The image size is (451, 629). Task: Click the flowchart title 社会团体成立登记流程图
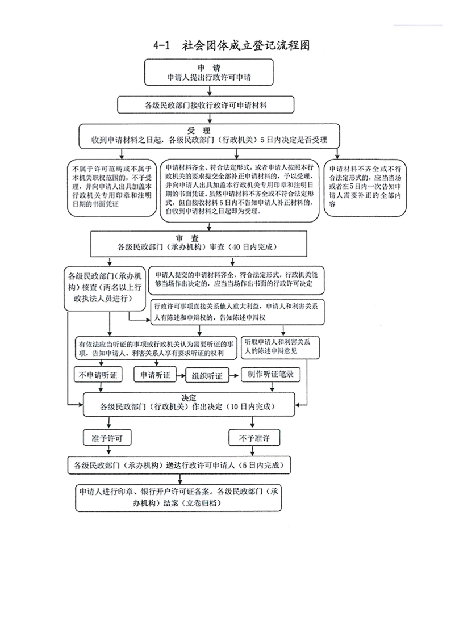245,45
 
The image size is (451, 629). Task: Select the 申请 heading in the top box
208,68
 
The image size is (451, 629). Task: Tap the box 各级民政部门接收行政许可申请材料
206,105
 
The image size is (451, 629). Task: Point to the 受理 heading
199,131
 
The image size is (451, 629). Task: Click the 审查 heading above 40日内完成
187,238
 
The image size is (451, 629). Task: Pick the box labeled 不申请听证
98,375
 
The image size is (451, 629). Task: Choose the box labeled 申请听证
155,375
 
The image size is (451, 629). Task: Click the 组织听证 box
207,375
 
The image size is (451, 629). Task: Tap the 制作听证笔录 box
270,374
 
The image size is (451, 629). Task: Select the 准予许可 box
107,438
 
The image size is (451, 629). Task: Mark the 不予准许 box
254,438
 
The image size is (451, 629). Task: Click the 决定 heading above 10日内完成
189,397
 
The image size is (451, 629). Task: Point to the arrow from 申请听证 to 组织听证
181,375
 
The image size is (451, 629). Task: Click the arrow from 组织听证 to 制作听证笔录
235,375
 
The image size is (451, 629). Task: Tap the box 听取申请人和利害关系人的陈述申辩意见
280,347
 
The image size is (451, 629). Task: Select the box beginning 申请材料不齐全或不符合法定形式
365,188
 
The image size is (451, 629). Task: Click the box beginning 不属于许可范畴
112,188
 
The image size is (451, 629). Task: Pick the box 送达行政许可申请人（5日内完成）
179,466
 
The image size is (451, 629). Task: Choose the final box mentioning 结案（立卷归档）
178,498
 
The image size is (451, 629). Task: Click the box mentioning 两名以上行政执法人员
105,288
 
